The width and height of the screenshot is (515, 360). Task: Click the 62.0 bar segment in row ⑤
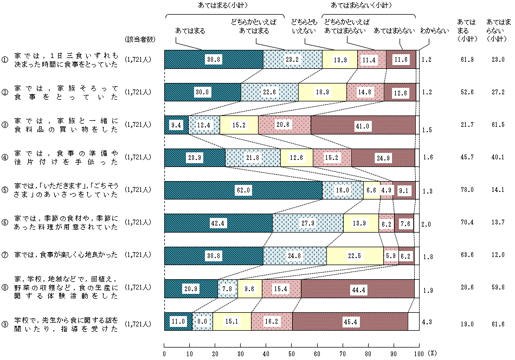click(x=243, y=190)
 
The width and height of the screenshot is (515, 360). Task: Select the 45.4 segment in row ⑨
click(x=350, y=322)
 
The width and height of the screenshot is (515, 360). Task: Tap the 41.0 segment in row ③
click(x=363, y=125)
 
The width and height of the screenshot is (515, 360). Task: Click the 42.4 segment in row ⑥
click(x=218, y=223)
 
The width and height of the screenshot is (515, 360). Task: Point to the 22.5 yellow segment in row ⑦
click(x=355, y=256)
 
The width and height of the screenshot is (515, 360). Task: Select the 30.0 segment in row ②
click(x=202, y=92)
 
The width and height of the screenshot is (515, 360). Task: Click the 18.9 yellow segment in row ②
click(x=322, y=92)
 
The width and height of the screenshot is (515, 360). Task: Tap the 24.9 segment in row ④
click(x=383, y=158)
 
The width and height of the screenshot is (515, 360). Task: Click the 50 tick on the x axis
click(x=291, y=353)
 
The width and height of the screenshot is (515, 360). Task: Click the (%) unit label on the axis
click(x=432, y=353)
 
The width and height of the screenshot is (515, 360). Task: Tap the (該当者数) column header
click(x=140, y=38)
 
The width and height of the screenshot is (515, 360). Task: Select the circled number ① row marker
click(x=5, y=60)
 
